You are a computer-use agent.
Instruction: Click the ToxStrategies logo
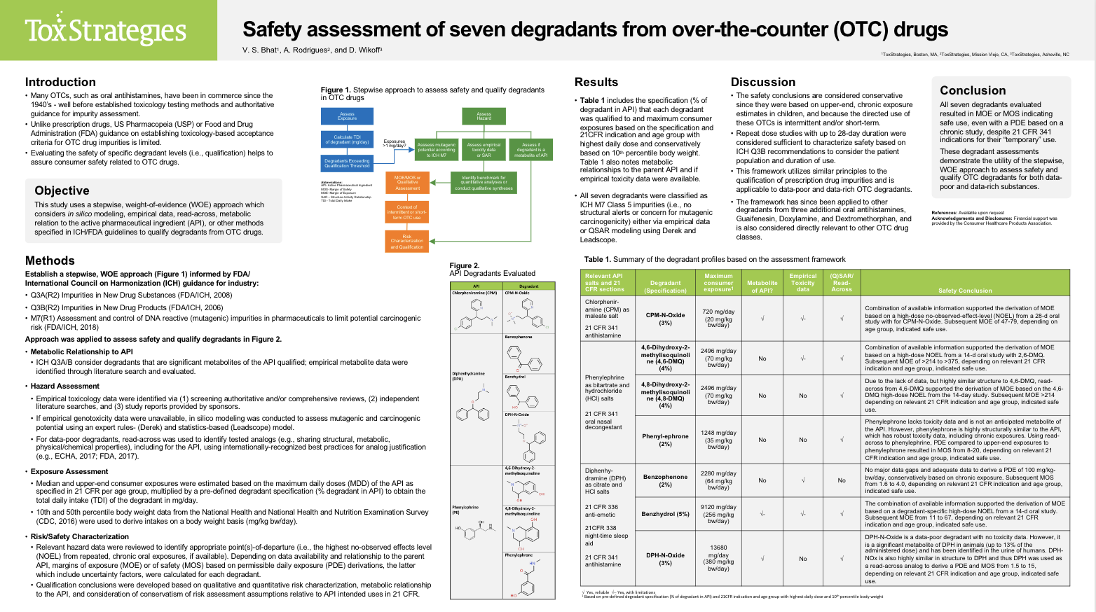tap(105, 30)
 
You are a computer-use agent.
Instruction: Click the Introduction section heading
tap(60, 82)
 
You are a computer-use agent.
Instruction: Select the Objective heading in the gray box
tap(62, 190)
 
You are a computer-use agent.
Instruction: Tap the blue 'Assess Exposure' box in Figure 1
tap(347, 116)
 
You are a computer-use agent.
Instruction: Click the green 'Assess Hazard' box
tap(484, 116)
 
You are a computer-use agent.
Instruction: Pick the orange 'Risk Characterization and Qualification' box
tap(406, 241)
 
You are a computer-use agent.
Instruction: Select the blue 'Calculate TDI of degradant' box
tap(347, 139)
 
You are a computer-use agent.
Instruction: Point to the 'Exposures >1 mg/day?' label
tap(394, 143)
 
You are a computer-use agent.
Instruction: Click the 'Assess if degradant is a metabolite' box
tap(530, 149)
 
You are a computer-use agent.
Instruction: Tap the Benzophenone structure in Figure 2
tap(528, 359)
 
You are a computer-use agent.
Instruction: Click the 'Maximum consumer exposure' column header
tap(718, 282)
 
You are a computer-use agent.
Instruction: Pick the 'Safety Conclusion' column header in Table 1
tap(964, 290)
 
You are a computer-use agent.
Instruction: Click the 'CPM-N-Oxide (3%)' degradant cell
tap(665, 319)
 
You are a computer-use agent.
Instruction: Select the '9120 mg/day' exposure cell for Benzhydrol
tap(718, 513)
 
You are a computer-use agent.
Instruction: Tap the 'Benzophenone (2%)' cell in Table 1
tap(665, 480)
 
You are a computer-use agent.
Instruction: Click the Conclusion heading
tap(972, 90)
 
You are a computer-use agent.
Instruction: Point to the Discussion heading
tap(762, 82)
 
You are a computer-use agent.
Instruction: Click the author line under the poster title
tap(312, 50)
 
